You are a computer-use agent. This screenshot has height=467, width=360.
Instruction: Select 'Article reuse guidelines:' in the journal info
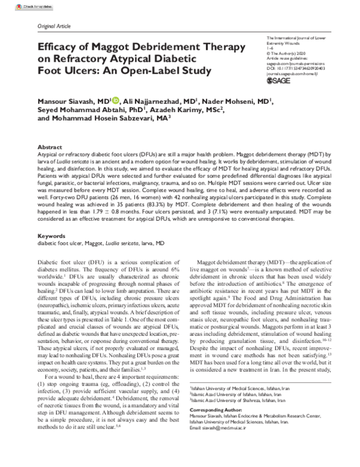(x=285, y=58)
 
